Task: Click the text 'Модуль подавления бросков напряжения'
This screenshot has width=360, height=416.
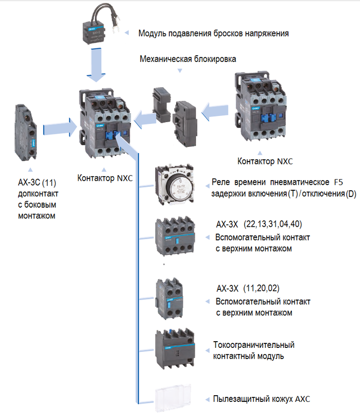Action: tap(213, 33)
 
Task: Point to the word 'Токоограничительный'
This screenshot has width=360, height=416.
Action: tap(254, 345)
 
